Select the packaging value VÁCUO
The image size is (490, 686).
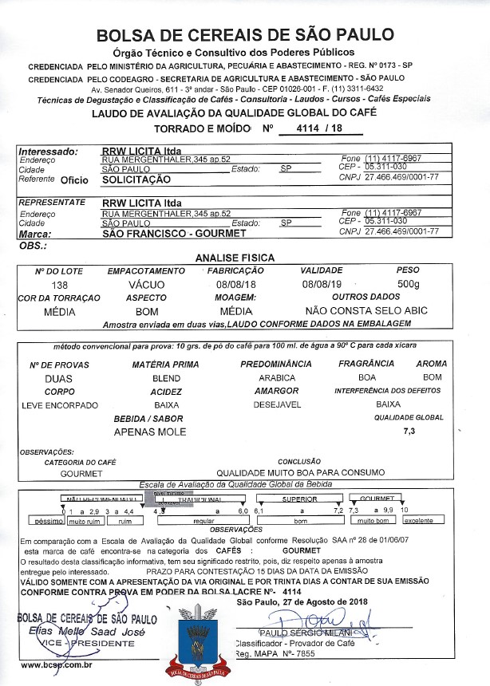pyautogui.click(x=146, y=284)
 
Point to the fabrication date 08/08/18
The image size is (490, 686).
pyautogui.click(x=234, y=284)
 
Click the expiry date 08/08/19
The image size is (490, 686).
pyautogui.click(x=321, y=284)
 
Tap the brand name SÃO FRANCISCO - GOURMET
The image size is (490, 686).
pyautogui.click(x=174, y=235)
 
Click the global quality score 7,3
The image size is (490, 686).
pyautogui.click(x=410, y=431)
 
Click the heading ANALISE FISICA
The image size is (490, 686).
pyautogui.click(x=235, y=258)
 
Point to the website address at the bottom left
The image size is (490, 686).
pyautogui.click(x=57, y=664)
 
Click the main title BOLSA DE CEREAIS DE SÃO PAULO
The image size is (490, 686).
pyautogui.click(x=244, y=35)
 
